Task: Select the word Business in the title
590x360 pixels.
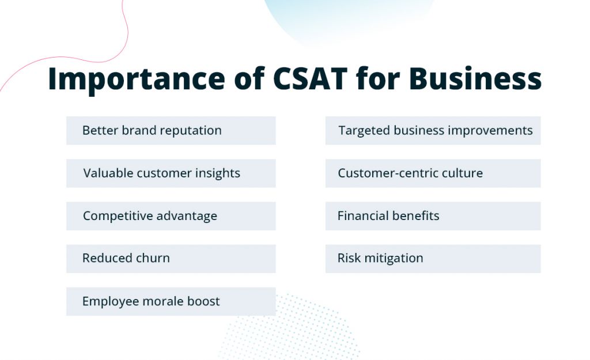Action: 475,79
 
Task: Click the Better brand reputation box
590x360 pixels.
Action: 171,131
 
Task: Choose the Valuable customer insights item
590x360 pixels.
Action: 171,173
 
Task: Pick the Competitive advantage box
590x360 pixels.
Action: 171,216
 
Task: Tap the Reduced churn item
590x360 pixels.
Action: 171,259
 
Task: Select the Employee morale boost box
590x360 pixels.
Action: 171,301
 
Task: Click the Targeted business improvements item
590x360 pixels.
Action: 433,131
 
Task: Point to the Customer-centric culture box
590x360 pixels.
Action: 433,173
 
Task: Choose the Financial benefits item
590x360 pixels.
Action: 433,216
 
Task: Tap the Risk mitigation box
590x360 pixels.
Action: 433,259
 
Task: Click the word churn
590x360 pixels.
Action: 152,258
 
